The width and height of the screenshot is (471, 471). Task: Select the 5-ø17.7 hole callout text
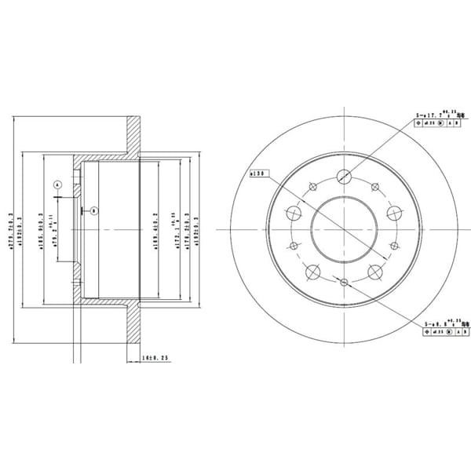(x=433, y=115)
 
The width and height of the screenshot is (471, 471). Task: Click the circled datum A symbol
(x=57, y=184)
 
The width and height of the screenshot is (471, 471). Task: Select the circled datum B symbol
(x=93, y=210)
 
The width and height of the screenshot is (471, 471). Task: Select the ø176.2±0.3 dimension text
(x=181, y=228)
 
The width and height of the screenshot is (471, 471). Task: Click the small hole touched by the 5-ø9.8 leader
(x=344, y=280)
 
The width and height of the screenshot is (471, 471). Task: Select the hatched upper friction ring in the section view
(x=134, y=137)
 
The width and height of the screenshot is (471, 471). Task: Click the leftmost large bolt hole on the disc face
(x=294, y=213)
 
